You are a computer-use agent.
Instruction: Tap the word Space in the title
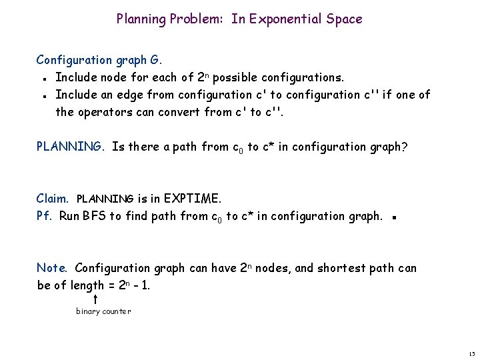pyautogui.click(x=345, y=19)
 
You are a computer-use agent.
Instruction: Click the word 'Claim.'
pyautogui.click(x=53, y=198)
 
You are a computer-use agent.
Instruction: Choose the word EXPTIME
pyautogui.click(x=193, y=198)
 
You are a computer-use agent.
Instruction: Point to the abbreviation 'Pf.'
pyautogui.click(x=45, y=215)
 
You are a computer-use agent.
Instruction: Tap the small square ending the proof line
pyautogui.click(x=395, y=217)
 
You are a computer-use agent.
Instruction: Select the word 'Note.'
pyautogui.click(x=52, y=268)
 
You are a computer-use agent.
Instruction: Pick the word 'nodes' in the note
pyautogui.click(x=273, y=268)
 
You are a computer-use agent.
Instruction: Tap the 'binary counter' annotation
pyautogui.click(x=103, y=311)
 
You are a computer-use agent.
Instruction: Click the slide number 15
pyautogui.click(x=471, y=353)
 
